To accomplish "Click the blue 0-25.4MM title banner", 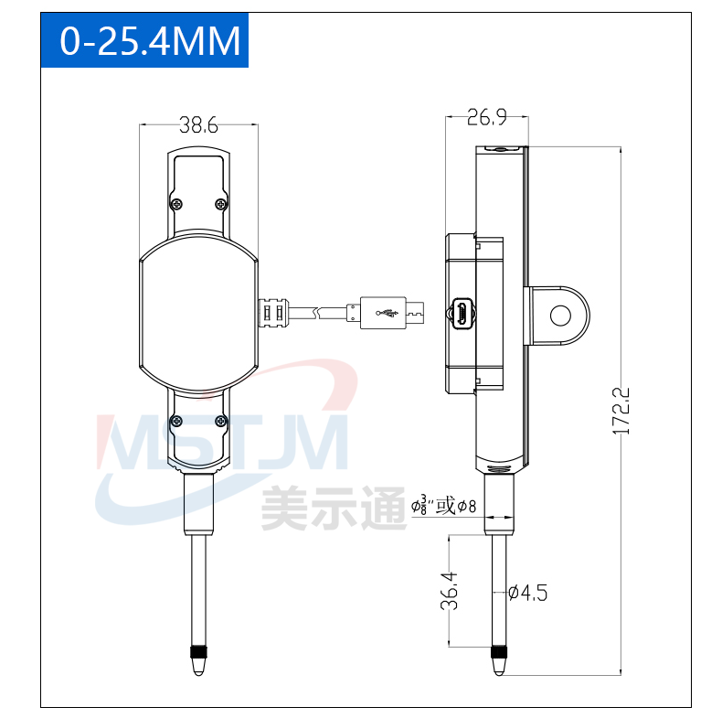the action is coord(144,40).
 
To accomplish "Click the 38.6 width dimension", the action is coord(198,125).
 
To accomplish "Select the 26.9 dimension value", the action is coord(487,117).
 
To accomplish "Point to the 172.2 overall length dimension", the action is coord(621,411).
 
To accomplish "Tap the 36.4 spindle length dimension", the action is coord(450,591).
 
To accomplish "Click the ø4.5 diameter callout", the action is coord(527,593).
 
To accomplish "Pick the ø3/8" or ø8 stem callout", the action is coord(443,506).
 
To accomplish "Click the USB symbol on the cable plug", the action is coord(387,313).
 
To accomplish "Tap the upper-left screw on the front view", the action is coord(176,204).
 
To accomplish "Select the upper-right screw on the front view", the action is coord(221,204).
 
